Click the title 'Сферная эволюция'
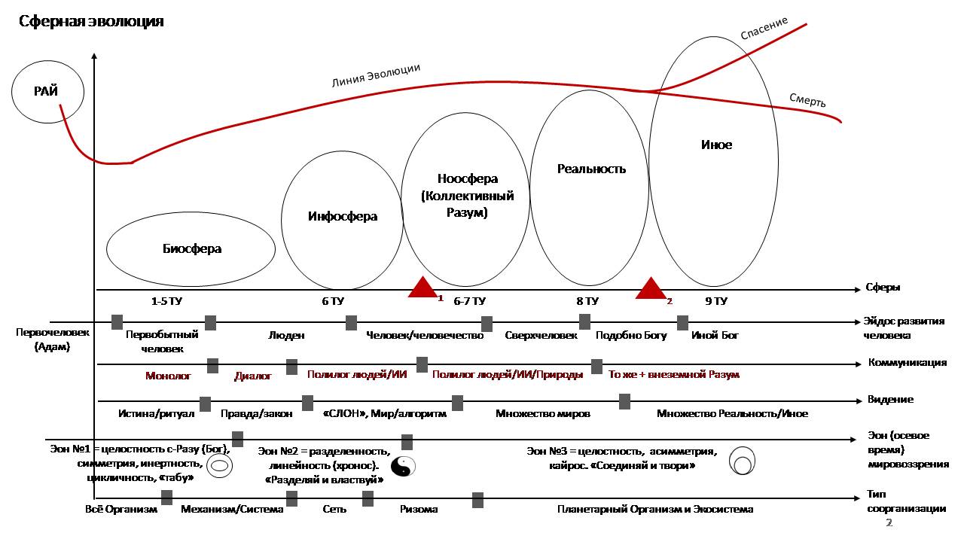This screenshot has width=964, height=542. pos(91,22)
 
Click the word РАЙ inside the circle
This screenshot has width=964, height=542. pos(46,91)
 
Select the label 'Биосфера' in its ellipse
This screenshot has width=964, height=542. pos(192,248)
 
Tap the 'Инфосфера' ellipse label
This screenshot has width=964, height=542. pos(343,216)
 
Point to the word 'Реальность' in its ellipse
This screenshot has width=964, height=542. pos(591,169)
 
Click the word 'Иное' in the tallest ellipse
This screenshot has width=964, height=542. pos(716,145)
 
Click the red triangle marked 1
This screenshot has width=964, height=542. pos(423,287)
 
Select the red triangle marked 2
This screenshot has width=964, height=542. pos(651,288)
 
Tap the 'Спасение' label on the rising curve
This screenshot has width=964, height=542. pos(764,28)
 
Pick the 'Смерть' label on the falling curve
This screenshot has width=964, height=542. pos(807,100)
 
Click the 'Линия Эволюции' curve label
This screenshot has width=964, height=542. pos(376,75)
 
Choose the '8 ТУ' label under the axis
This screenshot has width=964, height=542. pos(587,301)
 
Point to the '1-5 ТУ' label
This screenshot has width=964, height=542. pos(166,301)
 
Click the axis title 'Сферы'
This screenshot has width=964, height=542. pos(883,288)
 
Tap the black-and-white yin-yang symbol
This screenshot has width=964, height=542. pos(403,467)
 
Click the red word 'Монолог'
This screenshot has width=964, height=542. pos(168,376)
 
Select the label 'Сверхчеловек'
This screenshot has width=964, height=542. pos(541,335)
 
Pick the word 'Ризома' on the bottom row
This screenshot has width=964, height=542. pos(419,510)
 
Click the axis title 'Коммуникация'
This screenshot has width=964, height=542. pos(908,362)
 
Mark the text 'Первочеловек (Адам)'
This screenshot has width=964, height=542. pos(52,340)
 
